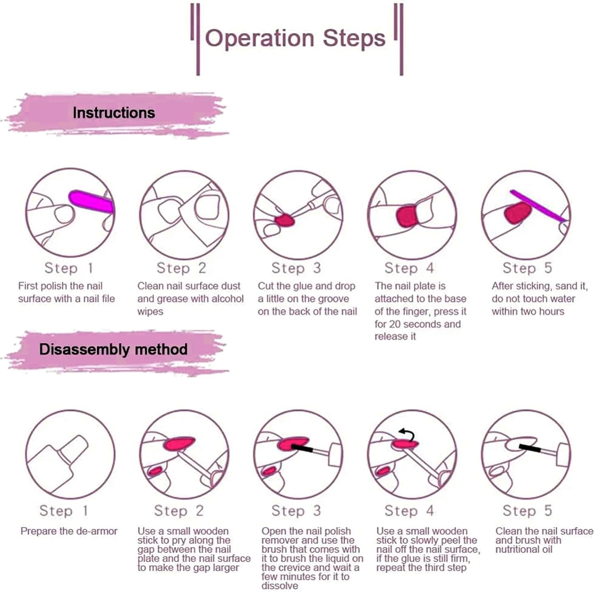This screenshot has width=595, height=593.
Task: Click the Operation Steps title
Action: coord(295,38)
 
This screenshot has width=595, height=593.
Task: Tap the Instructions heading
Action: coord(113,113)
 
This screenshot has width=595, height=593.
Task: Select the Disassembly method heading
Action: coord(113,349)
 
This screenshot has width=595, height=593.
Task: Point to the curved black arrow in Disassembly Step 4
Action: coord(407,435)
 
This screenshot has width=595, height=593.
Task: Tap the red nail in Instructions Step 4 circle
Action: coord(407,216)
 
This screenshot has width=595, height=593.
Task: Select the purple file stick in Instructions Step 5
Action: coord(537,205)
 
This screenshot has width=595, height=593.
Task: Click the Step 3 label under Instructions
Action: coord(296,268)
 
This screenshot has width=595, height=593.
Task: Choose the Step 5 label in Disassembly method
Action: coord(527,511)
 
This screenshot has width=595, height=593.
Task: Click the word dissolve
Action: coord(279,585)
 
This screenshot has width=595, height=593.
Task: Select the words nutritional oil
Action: coord(524,549)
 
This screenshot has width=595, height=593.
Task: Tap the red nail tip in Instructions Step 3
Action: coord(284,220)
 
